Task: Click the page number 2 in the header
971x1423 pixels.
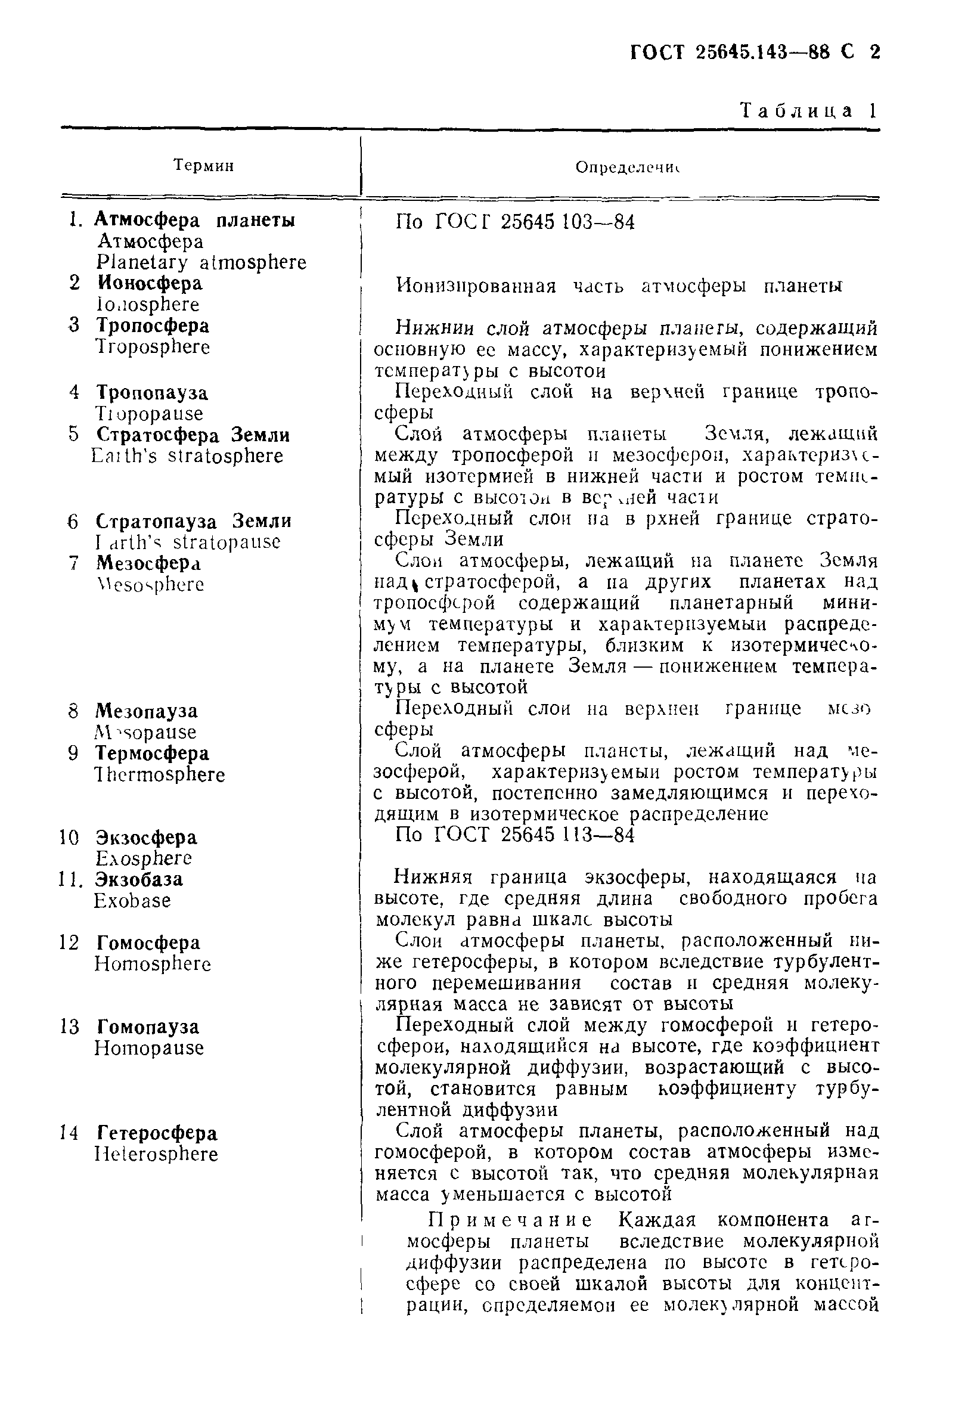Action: click(874, 52)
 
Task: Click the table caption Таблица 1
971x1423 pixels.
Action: click(809, 111)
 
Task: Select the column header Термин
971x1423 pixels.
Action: click(204, 165)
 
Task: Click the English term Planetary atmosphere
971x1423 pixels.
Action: click(201, 262)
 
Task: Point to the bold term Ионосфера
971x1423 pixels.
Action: click(150, 283)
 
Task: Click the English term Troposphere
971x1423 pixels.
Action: click(153, 346)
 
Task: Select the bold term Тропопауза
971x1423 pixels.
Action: click(152, 392)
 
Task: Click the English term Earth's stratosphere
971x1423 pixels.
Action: click(187, 456)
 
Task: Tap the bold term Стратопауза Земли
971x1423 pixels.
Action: click(194, 522)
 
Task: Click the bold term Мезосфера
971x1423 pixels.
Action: click(148, 563)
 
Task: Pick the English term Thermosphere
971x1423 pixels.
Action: click(160, 774)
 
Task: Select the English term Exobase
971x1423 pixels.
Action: click(132, 901)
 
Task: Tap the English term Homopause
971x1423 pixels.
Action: click(149, 1047)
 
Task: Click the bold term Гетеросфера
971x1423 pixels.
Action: click(157, 1133)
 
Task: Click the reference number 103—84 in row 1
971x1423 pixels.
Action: click(598, 222)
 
